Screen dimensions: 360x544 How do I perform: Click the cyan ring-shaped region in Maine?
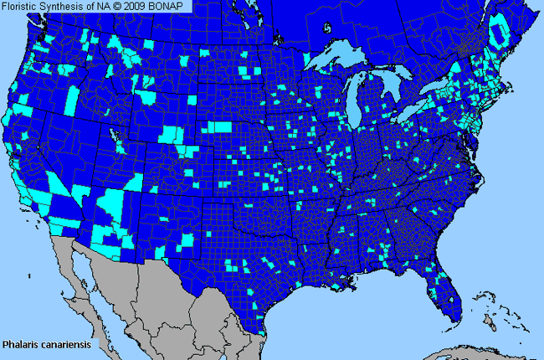[500, 33]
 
